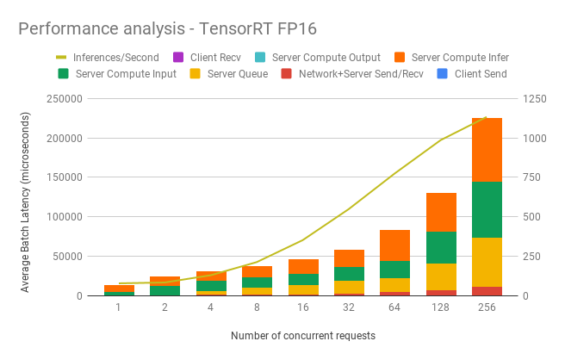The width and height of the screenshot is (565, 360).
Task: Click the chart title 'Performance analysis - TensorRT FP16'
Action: pyautogui.click(x=167, y=28)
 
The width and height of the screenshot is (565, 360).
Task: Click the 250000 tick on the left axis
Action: pyautogui.click(x=64, y=99)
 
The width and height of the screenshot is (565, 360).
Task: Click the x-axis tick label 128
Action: pyautogui.click(x=442, y=307)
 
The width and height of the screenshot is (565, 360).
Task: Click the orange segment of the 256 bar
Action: pyautogui.click(x=487, y=150)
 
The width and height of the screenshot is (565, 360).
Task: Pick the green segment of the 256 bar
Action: pyautogui.click(x=487, y=209)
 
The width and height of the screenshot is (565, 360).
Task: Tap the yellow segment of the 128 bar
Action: pyautogui.click(x=442, y=276)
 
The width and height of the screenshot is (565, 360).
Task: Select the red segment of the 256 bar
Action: pyautogui.click(x=487, y=291)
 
